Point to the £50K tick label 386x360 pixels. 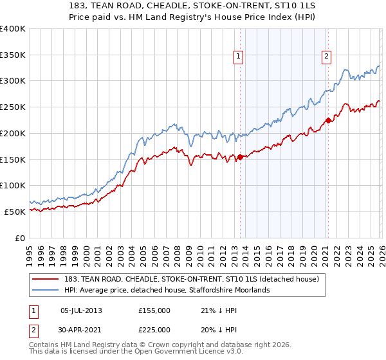[15, 212]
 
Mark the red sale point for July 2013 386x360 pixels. [240, 157]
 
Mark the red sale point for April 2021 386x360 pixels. [328, 120]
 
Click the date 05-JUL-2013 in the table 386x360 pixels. [81, 310]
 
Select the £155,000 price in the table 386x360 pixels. [154, 310]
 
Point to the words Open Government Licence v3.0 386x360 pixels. [180, 353]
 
